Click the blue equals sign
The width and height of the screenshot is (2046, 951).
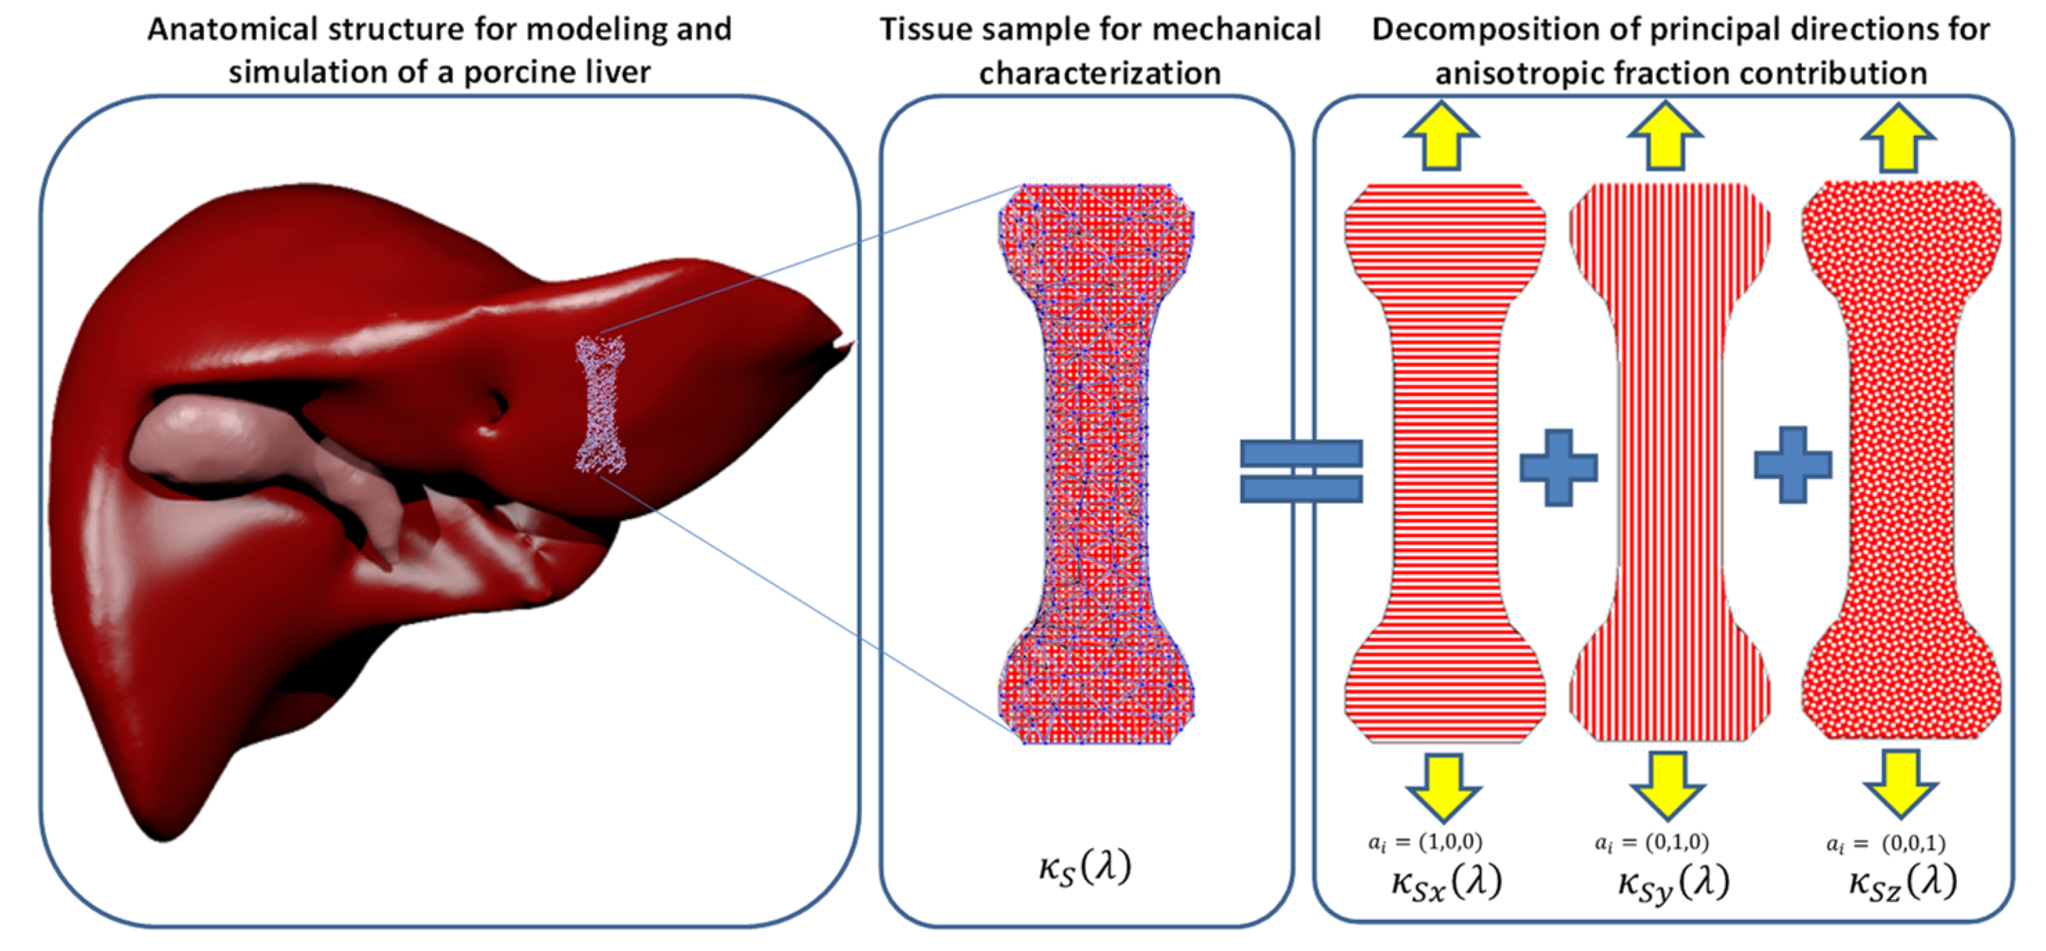coord(1301,471)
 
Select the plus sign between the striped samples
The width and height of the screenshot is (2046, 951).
coord(1557,468)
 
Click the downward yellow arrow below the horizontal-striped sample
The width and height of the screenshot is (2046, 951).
coord(1443,786)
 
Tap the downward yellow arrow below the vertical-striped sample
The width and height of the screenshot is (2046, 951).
coord(1667,784)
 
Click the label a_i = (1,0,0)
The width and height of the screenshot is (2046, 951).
coord(1425,841)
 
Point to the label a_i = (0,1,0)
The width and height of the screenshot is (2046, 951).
coord(1651,841)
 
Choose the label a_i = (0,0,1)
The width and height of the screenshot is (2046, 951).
coord(1886,843)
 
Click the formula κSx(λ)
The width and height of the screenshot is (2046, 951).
coord(1446,882)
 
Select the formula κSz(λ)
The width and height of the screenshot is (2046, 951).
coord(1902,882)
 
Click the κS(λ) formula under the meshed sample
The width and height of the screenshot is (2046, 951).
coord(1085,866)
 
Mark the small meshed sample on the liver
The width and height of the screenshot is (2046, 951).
coord(600,404)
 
